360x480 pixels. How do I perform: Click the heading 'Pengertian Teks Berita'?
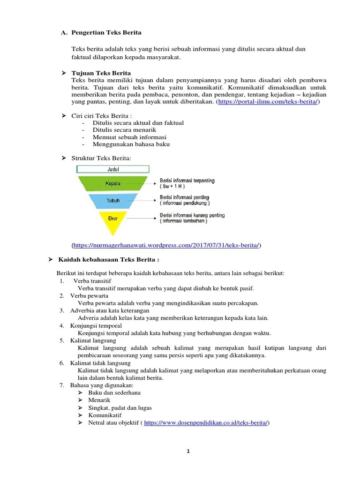106,33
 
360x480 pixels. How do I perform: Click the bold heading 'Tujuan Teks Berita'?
101,73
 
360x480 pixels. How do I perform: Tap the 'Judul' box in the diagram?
113,169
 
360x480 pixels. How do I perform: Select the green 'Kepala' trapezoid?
113,183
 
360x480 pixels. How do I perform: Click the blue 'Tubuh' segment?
113,201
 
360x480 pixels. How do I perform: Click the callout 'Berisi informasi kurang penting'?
192,215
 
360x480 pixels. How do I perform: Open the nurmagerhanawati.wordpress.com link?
166,245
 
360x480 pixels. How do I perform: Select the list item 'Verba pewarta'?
89,296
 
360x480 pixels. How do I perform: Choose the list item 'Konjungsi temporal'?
96,326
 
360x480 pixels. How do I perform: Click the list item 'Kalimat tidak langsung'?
100,363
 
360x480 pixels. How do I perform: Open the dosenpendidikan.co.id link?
206,422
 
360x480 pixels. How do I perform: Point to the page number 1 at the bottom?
188,451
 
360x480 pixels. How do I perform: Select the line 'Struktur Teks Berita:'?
101,158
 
